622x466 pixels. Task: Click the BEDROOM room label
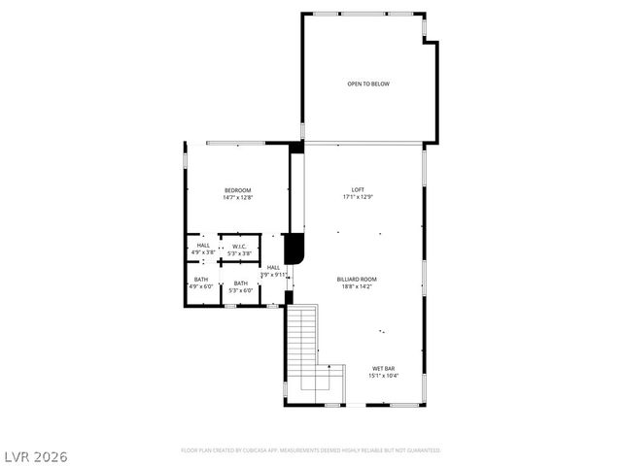click(x=238, y=189)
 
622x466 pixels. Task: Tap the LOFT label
click(x=358, y=189)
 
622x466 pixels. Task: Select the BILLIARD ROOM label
click(x=358, y=279)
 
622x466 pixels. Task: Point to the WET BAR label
click(x=383, y=368)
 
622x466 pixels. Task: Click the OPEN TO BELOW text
click(x=368, y=84)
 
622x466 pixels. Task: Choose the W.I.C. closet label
click(x=238, y=246)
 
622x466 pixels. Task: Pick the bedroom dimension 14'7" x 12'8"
click(x=238, y=197)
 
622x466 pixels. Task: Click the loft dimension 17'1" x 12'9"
click(x=358, y=197)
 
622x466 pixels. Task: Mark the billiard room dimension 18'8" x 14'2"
click(x=358, y=286)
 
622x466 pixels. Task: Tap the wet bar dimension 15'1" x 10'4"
click(x=383, y=376)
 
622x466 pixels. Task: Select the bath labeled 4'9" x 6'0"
click(x=201, y=286)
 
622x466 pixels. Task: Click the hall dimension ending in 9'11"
click(x=274, y=275)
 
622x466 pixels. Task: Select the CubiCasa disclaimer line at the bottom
click(x=311, y=450)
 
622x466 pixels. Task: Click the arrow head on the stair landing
click(x=329, y=367)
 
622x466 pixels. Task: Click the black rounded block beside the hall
click(x=294, y=250)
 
